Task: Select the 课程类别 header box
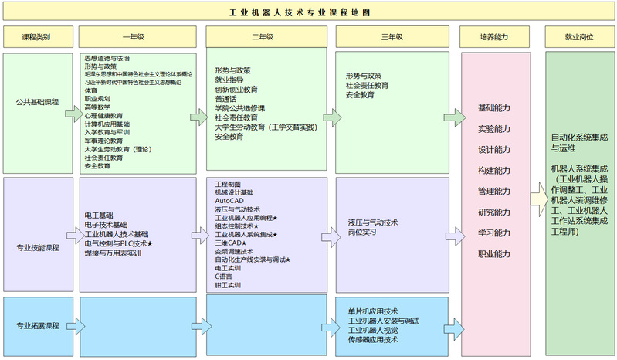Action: point(36,37)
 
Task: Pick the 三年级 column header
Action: point(392,37)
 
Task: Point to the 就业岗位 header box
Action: point(578,37)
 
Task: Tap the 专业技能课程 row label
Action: point(37,248)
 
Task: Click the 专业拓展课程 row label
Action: point(37,326)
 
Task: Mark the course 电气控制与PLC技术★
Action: point(119,243)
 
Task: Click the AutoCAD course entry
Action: point(229,201)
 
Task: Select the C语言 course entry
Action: point(224,277)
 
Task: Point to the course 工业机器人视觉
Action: point(373,330)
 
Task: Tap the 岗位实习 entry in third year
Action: point(362,232)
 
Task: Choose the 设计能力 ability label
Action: point(493,150)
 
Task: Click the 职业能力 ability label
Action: point(493,254)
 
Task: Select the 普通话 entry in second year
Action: point(226,99)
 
